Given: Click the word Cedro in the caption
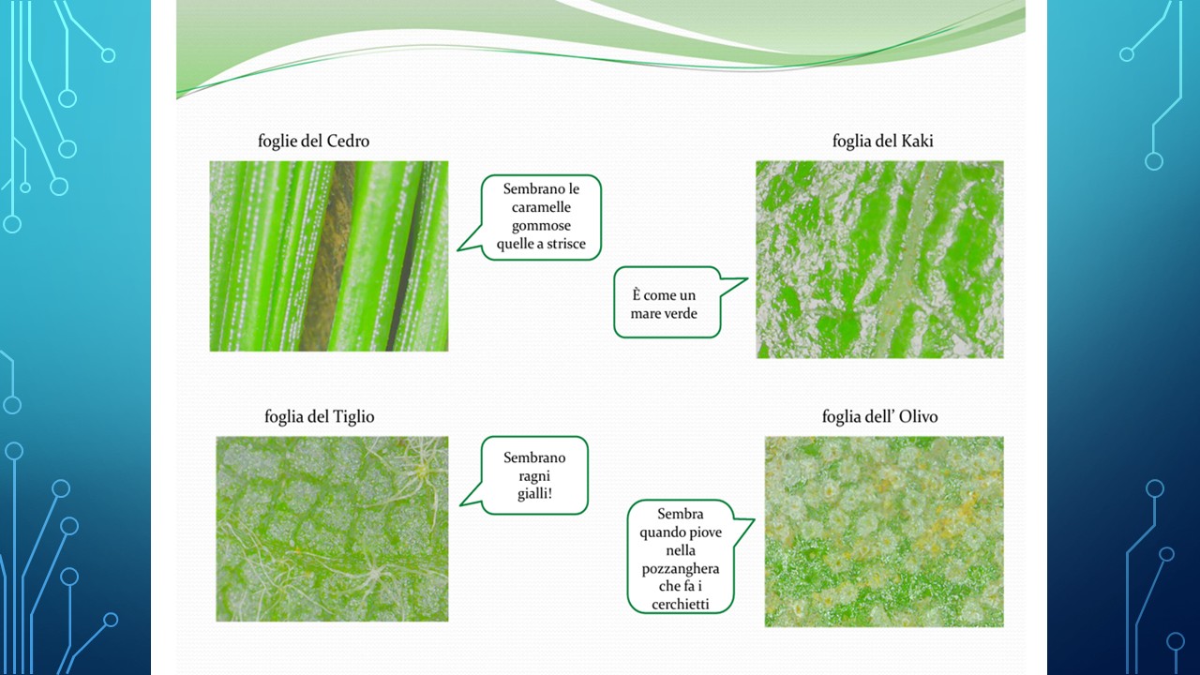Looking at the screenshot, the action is (348, 141).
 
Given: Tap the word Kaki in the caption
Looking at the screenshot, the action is (917, 141).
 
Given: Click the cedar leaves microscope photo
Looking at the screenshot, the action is (329, 256).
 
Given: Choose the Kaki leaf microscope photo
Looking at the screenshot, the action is (879, 260).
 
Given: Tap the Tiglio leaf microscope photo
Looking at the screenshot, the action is (332, 529).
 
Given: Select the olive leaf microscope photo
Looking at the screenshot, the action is (884, 532).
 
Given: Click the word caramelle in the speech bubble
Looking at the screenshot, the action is (541, 207).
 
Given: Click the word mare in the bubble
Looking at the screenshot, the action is (642, 314).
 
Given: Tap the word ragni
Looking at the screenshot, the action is (534, 476).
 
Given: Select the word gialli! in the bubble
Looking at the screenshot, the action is (534, 494).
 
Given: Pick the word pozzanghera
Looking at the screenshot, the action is (681, 569).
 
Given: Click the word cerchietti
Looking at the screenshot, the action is (681, 605).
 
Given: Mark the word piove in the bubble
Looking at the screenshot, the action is (706, 533).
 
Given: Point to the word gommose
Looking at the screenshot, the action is (541, 226).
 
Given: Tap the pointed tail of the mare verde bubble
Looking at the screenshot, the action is (747, 278).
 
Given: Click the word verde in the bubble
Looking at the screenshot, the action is (678, 314).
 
